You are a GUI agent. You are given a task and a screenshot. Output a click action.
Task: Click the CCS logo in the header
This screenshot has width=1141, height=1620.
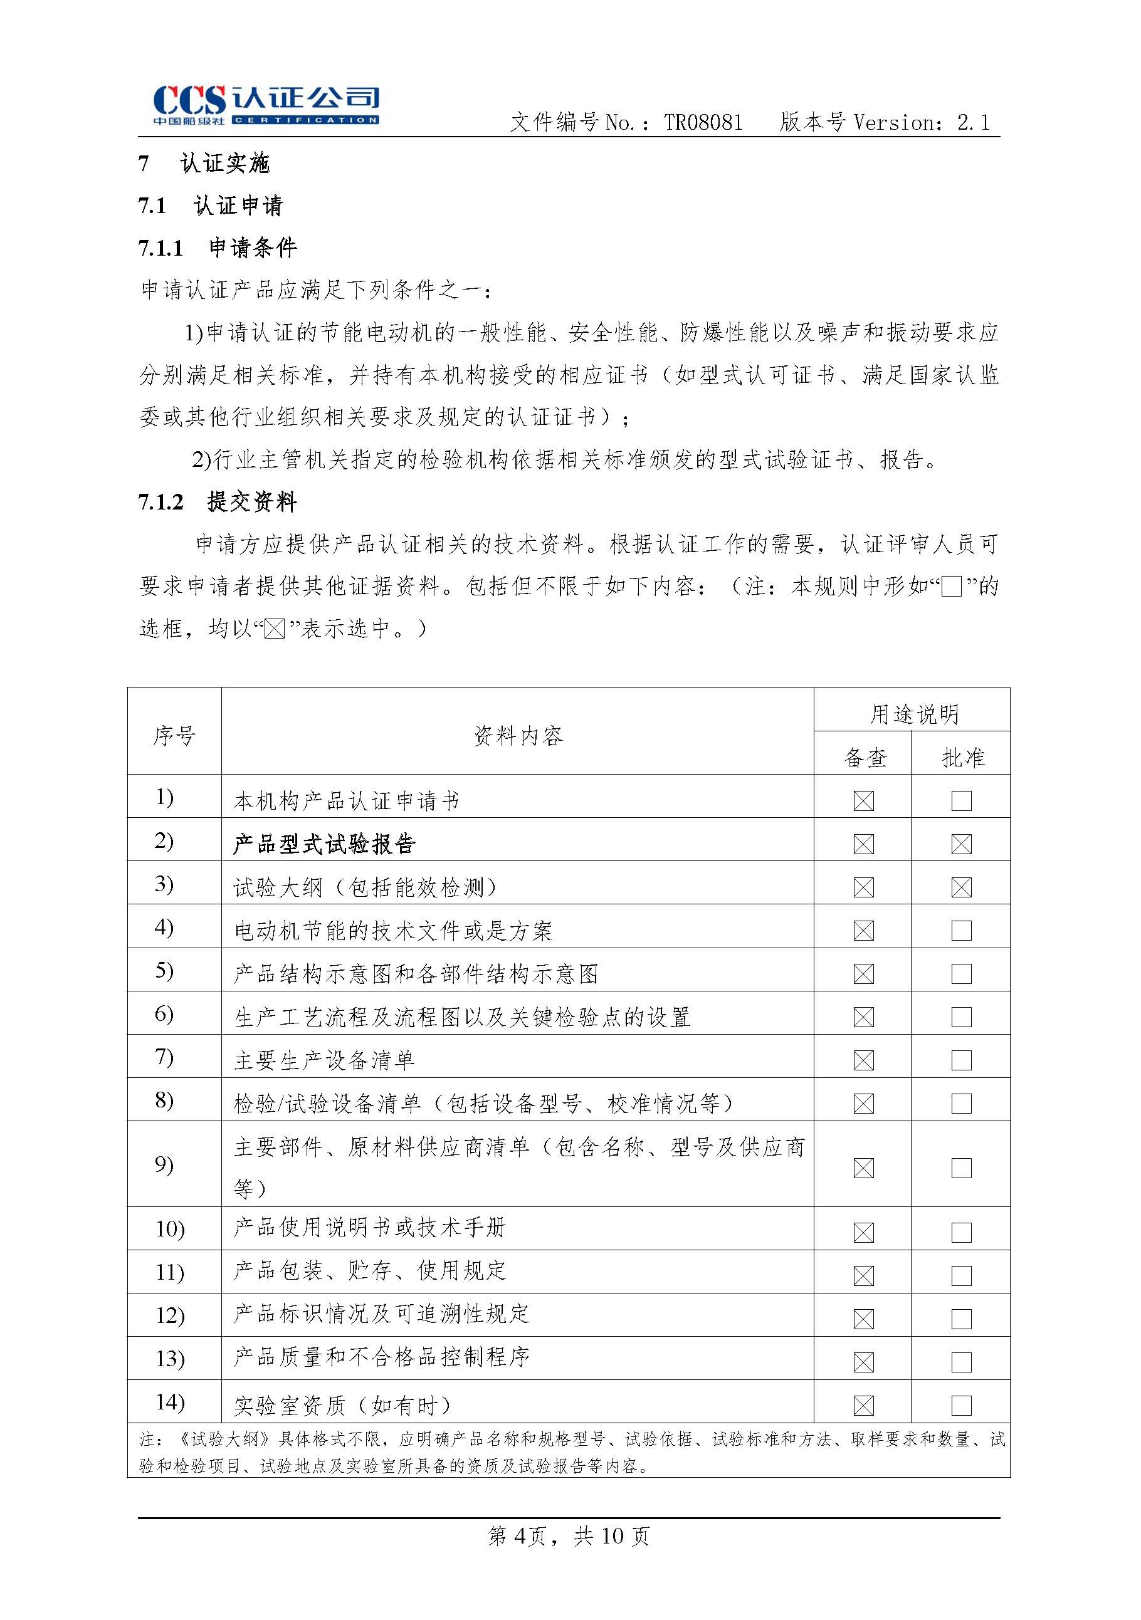click(265, 105)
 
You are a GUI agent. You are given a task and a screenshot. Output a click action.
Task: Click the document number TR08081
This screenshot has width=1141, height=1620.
click(703, 123)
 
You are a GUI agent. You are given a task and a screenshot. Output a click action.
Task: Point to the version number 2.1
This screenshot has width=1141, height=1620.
click(974, 123)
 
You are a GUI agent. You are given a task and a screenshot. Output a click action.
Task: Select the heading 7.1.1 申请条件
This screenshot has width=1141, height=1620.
click(218, 248)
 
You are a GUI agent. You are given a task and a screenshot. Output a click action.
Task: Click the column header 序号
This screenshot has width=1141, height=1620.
click(174, 736)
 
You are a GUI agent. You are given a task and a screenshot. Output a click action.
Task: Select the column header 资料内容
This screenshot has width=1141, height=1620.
click(517, 736)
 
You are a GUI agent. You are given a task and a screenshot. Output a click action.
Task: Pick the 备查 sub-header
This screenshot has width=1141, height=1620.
click(865, 758)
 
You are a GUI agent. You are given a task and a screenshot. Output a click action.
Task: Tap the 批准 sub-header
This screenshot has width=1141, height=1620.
click(962, 758)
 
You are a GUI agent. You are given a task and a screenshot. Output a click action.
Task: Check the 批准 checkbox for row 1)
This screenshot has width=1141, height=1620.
click(961, 801)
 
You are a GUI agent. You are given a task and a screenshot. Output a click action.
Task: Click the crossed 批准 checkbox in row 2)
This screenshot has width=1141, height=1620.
click(961, 844)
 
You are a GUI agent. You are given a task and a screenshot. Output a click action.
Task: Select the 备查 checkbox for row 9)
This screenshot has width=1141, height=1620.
click(864, 1168)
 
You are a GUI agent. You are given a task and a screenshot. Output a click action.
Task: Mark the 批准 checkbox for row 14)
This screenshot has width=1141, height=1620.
click(961, 1405)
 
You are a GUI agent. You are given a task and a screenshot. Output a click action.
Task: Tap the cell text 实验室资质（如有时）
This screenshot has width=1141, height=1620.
click(342, 1406)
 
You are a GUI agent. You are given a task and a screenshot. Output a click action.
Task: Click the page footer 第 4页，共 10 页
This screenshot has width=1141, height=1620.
click(569, 1535)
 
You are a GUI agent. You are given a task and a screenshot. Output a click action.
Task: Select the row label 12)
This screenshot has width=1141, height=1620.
click(170, 1316)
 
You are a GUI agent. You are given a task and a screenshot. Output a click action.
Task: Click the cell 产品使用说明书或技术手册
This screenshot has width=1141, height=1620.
click(370, 1228)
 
